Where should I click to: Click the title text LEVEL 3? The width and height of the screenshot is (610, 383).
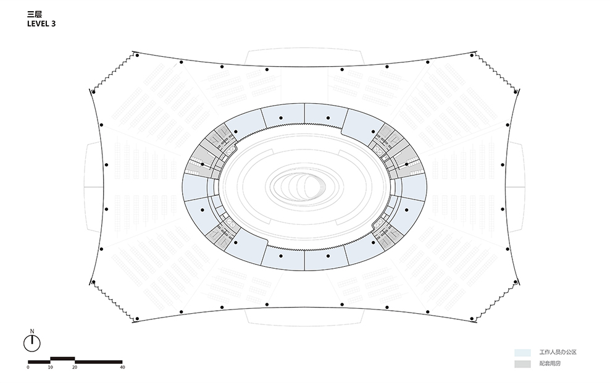(41, 23)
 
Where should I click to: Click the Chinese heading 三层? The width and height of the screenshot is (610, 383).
(34, 15)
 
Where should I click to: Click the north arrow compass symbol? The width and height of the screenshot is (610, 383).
(32, 343)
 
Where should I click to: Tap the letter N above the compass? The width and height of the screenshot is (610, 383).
(32, 331)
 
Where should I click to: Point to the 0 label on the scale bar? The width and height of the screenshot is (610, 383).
(28, 367)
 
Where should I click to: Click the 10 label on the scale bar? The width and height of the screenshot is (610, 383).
(50, 367)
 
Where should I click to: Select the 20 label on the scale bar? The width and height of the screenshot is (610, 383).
(75, 367)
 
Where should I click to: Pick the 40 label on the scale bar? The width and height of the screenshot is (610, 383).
(122, 367)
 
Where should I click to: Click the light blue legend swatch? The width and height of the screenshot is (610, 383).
(522, 353)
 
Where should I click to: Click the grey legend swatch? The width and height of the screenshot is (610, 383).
(522, 364)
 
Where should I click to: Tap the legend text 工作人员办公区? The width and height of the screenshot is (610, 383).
(558, 352)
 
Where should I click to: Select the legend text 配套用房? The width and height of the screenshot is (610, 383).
(549, 363)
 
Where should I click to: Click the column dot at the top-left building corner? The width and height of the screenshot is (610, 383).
(137, 55)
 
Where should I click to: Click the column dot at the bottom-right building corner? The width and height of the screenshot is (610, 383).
(472, 319)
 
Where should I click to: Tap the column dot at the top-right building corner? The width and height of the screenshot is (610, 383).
(472, 55)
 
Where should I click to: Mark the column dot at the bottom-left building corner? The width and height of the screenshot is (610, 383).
(137, 319)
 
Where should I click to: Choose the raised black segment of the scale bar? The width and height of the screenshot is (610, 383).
(62, 358)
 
